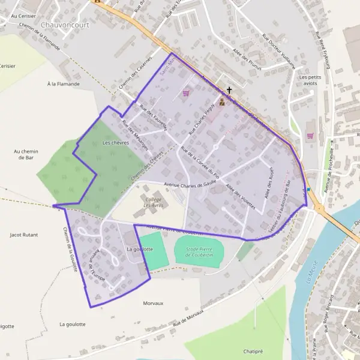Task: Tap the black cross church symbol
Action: pyautogui.click(x=229, y=91)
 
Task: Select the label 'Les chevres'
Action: pyautogui.click(x=116, y=143)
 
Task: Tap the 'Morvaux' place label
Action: pyautogui.click(x=154, y=304)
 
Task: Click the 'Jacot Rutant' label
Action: pyautogui.click(x=24, y=236)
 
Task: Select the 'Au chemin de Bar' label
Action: pyautogui.click(x=26, y=155)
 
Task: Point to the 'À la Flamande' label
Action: pyautogui.click(x=63, y=84)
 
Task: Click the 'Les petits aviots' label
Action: pyautogui.click(x=311, y=80)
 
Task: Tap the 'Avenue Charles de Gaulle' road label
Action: pyautogui.click(x=178, y=185)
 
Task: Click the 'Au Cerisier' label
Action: pyautogui.click(x=15, y=16)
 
